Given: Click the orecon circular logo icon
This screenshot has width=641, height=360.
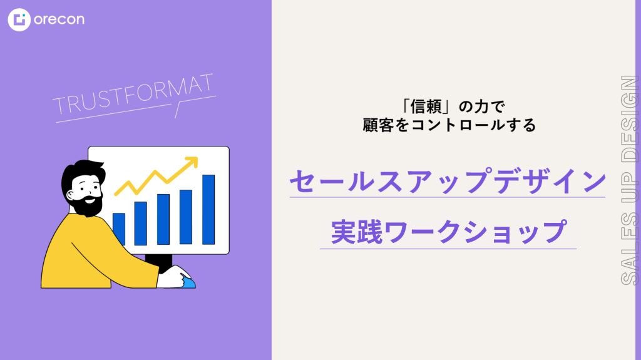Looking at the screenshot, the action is [x=19, y=19].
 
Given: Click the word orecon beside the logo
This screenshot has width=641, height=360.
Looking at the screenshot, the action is [x=59, y=19].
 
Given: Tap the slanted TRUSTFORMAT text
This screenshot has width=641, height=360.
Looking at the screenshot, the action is [x=133, y=95].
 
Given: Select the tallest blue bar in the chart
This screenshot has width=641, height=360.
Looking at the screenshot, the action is [x=208, y=210].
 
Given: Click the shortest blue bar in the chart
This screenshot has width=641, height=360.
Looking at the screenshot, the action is [x=119, y=229].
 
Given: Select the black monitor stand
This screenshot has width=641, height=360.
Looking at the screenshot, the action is [x=159, y=262].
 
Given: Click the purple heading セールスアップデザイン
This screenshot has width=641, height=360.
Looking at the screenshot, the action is [x=448, y=181].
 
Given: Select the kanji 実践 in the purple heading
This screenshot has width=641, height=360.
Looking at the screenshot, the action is [x=356, y=232].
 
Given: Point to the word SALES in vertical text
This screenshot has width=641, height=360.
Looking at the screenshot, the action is [x=630, y=248].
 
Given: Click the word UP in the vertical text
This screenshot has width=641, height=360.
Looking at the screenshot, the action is [x=630, y=187].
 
